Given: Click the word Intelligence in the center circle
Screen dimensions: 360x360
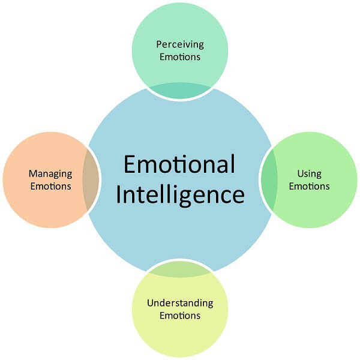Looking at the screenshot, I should [x=180, y=196].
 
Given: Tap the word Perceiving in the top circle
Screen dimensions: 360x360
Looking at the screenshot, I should [x=180, y=44].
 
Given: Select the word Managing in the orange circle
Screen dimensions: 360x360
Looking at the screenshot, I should [x=50, y=174].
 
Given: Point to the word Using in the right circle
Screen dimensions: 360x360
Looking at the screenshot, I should [x=310, y=174].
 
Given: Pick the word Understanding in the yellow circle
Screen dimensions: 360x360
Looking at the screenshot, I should [x=180, y=303].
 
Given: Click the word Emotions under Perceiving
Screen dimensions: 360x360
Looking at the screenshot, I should [x=180, y=57].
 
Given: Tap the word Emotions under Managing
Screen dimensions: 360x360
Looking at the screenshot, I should [x=50, y=186].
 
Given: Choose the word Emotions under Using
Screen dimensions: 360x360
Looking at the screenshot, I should [x=310, y=186].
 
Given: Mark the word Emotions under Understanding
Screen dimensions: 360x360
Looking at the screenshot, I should [x=180, y=316].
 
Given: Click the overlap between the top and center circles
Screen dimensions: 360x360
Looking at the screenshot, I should [x=180, y=91].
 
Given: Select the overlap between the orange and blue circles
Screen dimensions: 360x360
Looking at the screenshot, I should [x=91, y=180].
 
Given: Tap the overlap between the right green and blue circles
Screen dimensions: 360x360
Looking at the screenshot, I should [x=268, y=180].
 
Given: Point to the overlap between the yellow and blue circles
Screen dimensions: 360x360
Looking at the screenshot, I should [x=180, y=269].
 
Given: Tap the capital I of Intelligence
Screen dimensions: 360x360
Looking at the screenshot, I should [x=119, y=195].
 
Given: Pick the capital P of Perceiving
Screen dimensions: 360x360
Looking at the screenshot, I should [x=159, y=44].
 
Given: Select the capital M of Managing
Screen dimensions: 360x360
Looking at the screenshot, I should [x=32, y=174].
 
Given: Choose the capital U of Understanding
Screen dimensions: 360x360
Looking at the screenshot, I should [x=150, y=303].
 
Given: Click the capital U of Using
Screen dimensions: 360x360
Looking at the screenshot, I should [x=300, y=174].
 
